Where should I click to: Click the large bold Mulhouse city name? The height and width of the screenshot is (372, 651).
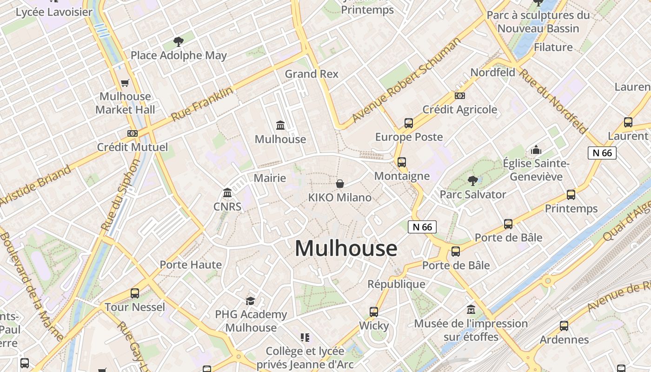346,248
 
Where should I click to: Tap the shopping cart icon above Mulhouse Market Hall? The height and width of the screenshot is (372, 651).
125,83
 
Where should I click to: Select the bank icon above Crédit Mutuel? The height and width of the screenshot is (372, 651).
133,133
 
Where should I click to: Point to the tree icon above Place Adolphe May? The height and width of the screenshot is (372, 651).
178,42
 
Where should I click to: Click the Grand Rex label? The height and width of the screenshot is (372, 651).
312,74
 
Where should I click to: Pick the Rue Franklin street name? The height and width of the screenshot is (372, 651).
202,104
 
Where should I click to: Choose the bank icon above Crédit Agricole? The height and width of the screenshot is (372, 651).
460,96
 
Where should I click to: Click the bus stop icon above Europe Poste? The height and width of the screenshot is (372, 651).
409,123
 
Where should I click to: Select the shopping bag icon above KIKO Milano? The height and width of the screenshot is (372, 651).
340,184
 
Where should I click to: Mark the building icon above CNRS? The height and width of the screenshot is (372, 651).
227,193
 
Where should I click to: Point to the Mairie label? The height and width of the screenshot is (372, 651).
270,178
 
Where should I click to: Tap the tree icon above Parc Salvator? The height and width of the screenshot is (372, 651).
473,180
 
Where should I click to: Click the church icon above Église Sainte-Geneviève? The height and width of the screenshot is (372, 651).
536,150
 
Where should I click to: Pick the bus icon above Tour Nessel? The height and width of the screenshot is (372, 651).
135,293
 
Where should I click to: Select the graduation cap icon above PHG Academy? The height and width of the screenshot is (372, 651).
251,301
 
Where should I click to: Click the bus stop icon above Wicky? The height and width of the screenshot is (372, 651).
374,312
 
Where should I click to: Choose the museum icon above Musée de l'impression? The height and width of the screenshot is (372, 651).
471,310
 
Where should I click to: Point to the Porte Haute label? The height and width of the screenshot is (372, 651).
191,265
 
